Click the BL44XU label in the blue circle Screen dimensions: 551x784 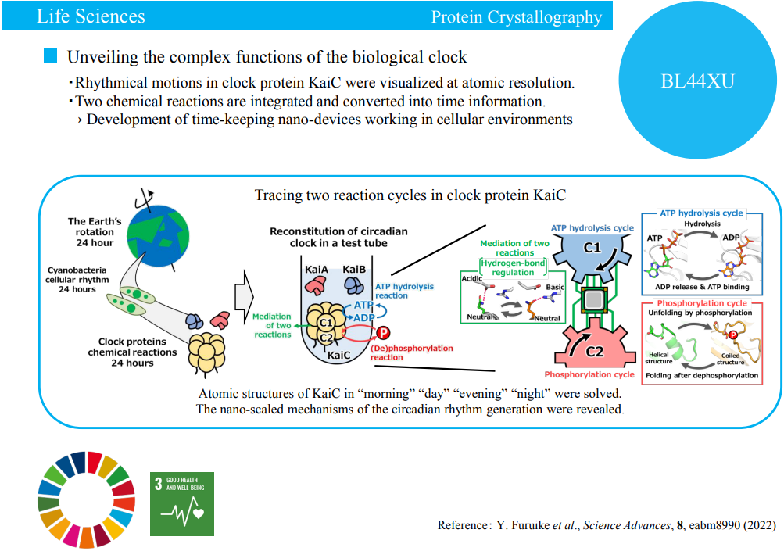click(x=698, y=81)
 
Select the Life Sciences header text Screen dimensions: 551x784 click(x=91, y=16)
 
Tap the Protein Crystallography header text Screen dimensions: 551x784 click(x=517, y=17)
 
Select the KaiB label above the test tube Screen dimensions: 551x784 click(x=355, y=268)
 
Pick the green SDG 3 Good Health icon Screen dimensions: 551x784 click(x=182, y=504)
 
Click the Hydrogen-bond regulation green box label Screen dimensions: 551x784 click(x=513, y=267)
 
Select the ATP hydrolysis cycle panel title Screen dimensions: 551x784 click(x=700, y=213)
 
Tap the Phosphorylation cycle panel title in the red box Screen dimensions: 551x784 click(x=702, y=302)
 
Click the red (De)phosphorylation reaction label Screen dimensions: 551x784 click(x=411, y=352)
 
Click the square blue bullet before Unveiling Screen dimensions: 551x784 click(x=51, y=56)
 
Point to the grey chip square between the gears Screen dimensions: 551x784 click(x=595, y=298)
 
